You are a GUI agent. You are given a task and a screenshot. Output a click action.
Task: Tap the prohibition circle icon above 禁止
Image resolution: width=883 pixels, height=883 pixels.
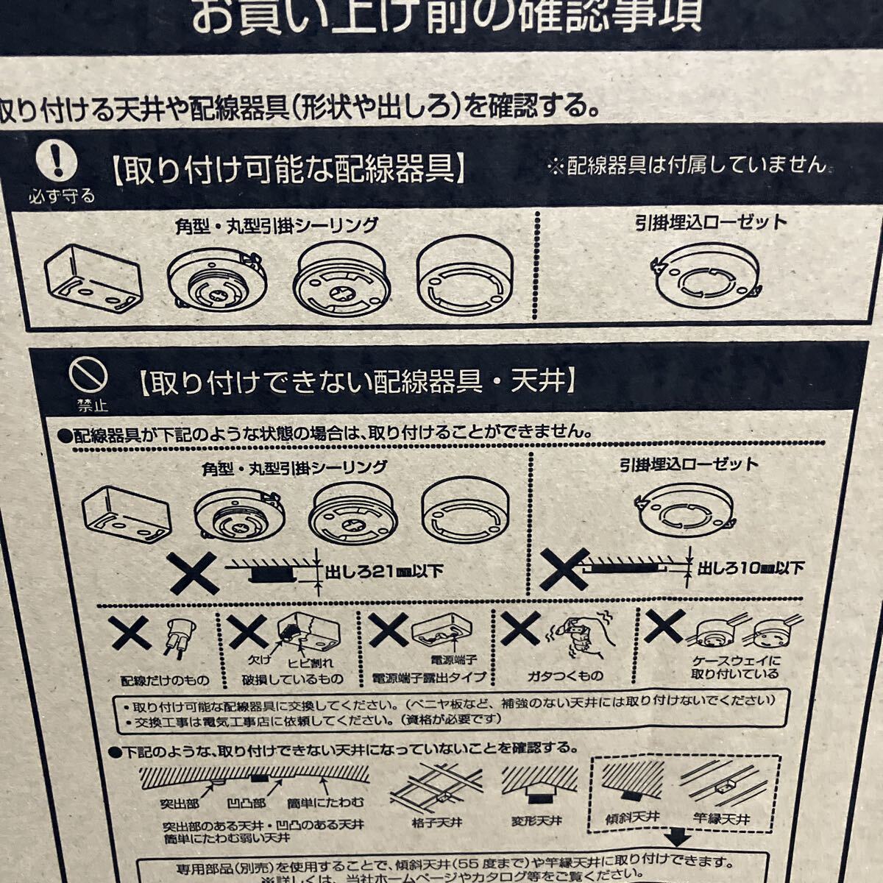point(88,376)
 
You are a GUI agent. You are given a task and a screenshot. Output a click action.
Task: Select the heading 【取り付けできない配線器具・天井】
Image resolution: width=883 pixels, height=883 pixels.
point(355,381)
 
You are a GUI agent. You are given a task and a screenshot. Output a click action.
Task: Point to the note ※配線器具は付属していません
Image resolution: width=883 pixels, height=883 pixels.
point(687,165)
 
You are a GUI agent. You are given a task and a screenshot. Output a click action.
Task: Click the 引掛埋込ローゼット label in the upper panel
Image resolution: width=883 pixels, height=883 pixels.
point(711,222)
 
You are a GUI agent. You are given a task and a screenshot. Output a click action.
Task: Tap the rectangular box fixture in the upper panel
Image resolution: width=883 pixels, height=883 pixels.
point(93,277)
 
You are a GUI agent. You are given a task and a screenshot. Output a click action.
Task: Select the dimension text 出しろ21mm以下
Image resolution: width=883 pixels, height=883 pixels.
point(383,570)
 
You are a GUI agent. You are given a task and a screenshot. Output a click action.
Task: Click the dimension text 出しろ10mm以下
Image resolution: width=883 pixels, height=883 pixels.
point(751,567)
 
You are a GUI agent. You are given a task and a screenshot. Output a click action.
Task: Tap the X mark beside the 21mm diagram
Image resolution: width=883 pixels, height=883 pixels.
point(193,572)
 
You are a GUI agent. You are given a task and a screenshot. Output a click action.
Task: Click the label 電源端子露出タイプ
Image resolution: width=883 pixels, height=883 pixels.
point(429,678)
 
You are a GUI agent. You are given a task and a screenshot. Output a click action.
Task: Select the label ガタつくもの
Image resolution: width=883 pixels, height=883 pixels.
point(565,675)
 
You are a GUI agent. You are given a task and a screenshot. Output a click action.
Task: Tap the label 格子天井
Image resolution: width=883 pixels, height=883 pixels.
point(437,822)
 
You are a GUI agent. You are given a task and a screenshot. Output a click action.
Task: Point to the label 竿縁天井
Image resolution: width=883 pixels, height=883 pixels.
point(721,818)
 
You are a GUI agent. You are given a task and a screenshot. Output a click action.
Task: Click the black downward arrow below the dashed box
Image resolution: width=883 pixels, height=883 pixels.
point(679,838)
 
